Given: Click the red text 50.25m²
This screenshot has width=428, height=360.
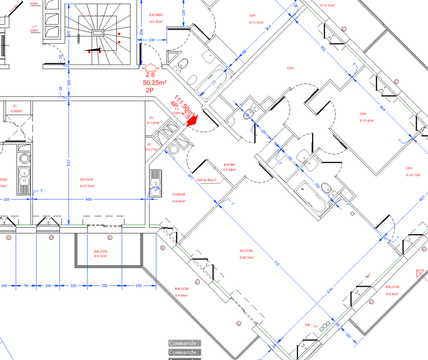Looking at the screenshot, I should pyautogui.click(x=154, y=82).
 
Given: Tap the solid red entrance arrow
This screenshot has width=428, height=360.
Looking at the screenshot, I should pyautogui.click(x=192, y=121).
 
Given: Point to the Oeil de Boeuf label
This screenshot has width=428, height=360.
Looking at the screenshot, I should pyautogui.click(x=206, y=180).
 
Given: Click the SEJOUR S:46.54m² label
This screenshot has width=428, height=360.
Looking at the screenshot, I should pyautogui.click(x=247, y=253).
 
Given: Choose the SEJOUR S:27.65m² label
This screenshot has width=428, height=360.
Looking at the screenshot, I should pyautogui.click(x=87, y=182).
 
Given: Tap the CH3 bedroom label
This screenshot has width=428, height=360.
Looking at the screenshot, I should pyautogui.click(x=290, y=68).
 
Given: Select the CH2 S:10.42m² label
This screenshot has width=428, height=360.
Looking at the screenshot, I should pyautogui.click(x=367, y=117).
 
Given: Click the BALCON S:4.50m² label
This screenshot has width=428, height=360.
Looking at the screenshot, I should pyautogui.click(x=100, y=254).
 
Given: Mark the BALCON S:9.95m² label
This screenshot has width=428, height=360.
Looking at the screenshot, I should pyautogui.click(x=181, y=292).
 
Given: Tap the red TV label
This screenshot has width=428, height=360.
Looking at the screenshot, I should pyautogui.click(x=315, y=327).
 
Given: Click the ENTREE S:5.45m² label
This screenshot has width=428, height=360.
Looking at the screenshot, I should pyautogui.click(x=156, y=18).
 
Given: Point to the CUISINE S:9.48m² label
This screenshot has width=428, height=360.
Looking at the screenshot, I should pyautogui.click(x=179, y=197).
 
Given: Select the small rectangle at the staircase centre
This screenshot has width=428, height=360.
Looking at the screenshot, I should pyautogui.click(x=98, y=33).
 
